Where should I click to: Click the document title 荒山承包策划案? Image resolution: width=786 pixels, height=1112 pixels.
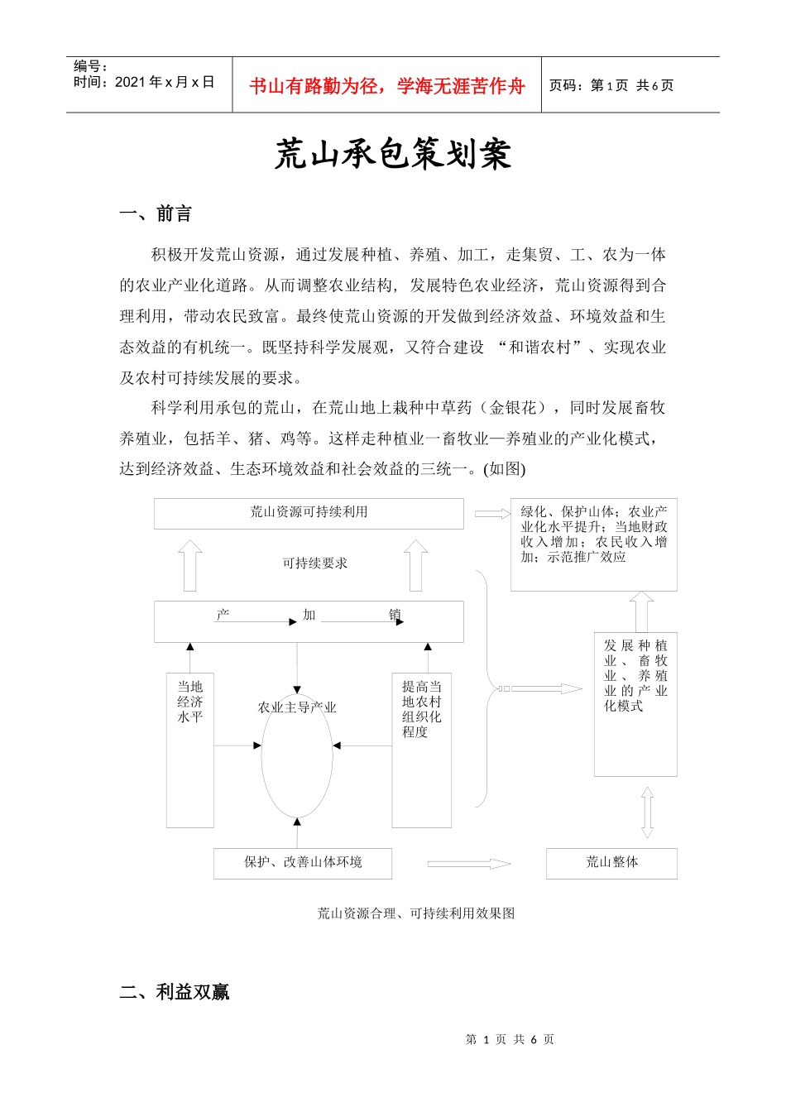(x=393, y=155)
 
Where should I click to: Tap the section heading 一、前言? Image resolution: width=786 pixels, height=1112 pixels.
(x=156, y=214)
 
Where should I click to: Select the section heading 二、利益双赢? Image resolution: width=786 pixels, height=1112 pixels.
(x=175, y=991)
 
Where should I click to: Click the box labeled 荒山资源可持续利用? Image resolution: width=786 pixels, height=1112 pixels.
(x=309, y=513)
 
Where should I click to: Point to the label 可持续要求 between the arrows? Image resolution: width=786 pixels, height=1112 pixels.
(x=314, y=563)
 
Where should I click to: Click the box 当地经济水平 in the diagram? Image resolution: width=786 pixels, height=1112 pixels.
(x=190, y=749)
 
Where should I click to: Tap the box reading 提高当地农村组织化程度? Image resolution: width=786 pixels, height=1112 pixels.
(x=421, y=749)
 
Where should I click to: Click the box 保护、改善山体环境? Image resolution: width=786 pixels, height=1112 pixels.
(x=303, y=863)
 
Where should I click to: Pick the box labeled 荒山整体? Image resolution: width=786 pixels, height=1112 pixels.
(x=611, y=863)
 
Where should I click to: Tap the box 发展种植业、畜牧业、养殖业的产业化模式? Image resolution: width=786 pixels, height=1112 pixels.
(x=635, y=703)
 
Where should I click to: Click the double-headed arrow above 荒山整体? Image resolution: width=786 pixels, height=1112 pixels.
(x=647, y=812)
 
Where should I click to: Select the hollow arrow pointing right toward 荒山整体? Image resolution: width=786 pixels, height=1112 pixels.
(x=468, y=864)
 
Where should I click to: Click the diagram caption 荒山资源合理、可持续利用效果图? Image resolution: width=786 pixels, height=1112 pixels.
(x=416, y=913)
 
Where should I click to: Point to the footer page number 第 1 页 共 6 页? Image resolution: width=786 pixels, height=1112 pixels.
(x=510, y=1039)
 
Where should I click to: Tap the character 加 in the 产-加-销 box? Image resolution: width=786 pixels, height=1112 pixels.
(x=309, y=615)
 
